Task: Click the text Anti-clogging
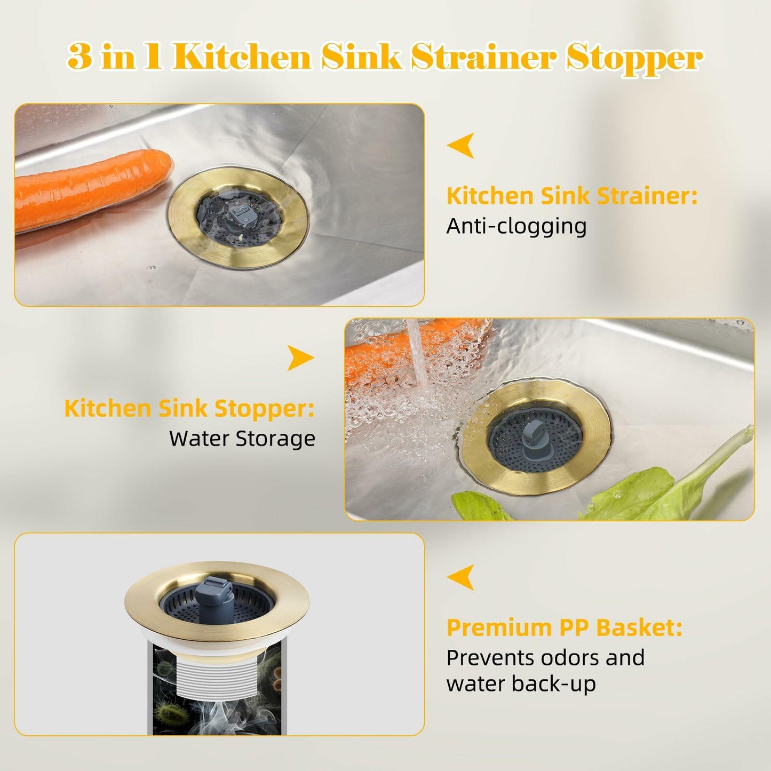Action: click(516, 227)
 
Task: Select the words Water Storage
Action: click(242, 439)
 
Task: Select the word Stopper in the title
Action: click(634, 58)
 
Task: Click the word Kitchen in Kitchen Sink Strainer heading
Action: click(490, 196)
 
